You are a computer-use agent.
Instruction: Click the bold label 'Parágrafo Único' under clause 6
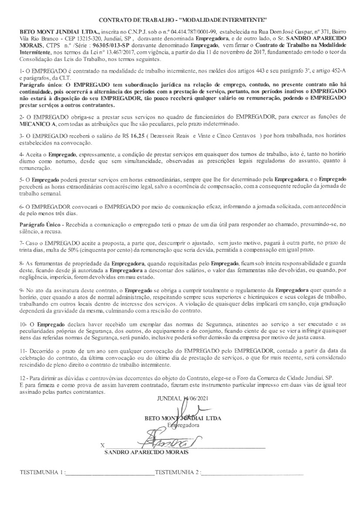tap(41, 224)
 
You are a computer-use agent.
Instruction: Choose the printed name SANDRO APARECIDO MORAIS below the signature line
tap(146, 453)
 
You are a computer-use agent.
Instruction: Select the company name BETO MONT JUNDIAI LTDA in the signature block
tap(183, 418)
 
